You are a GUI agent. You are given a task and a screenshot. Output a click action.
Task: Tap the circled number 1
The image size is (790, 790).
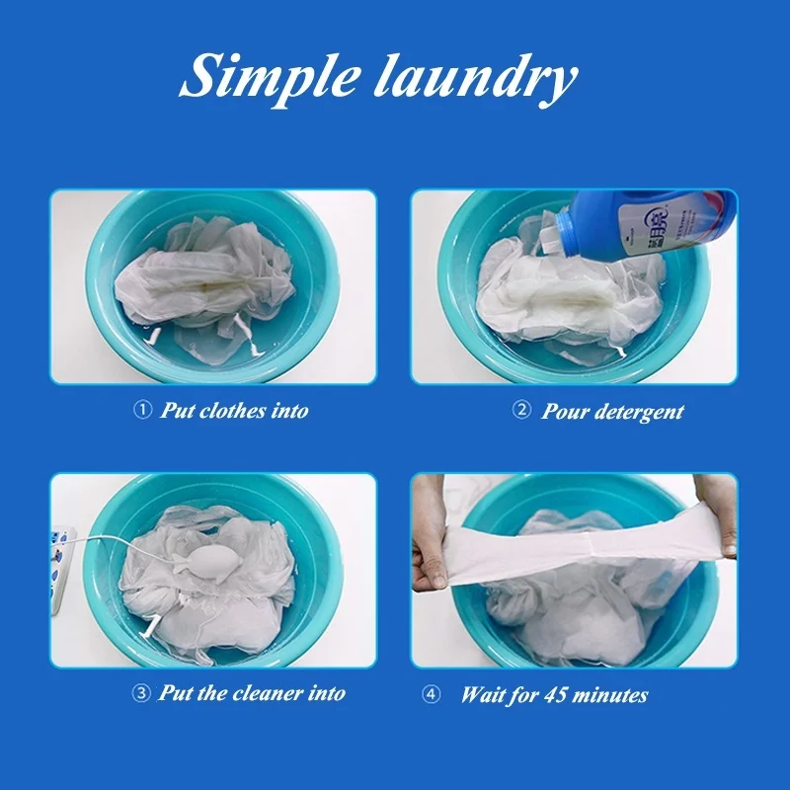coord(142,410)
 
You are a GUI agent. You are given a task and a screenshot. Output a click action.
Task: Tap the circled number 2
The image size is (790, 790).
coord(521,410)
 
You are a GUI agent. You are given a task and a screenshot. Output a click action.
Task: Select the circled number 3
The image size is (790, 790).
coord(142,693)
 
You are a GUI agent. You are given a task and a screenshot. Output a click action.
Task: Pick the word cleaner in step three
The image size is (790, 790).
coord(272,694)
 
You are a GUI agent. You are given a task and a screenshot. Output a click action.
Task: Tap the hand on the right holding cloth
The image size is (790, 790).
coord(720,513)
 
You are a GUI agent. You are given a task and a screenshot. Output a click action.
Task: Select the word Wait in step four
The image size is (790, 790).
coord(483,695)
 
